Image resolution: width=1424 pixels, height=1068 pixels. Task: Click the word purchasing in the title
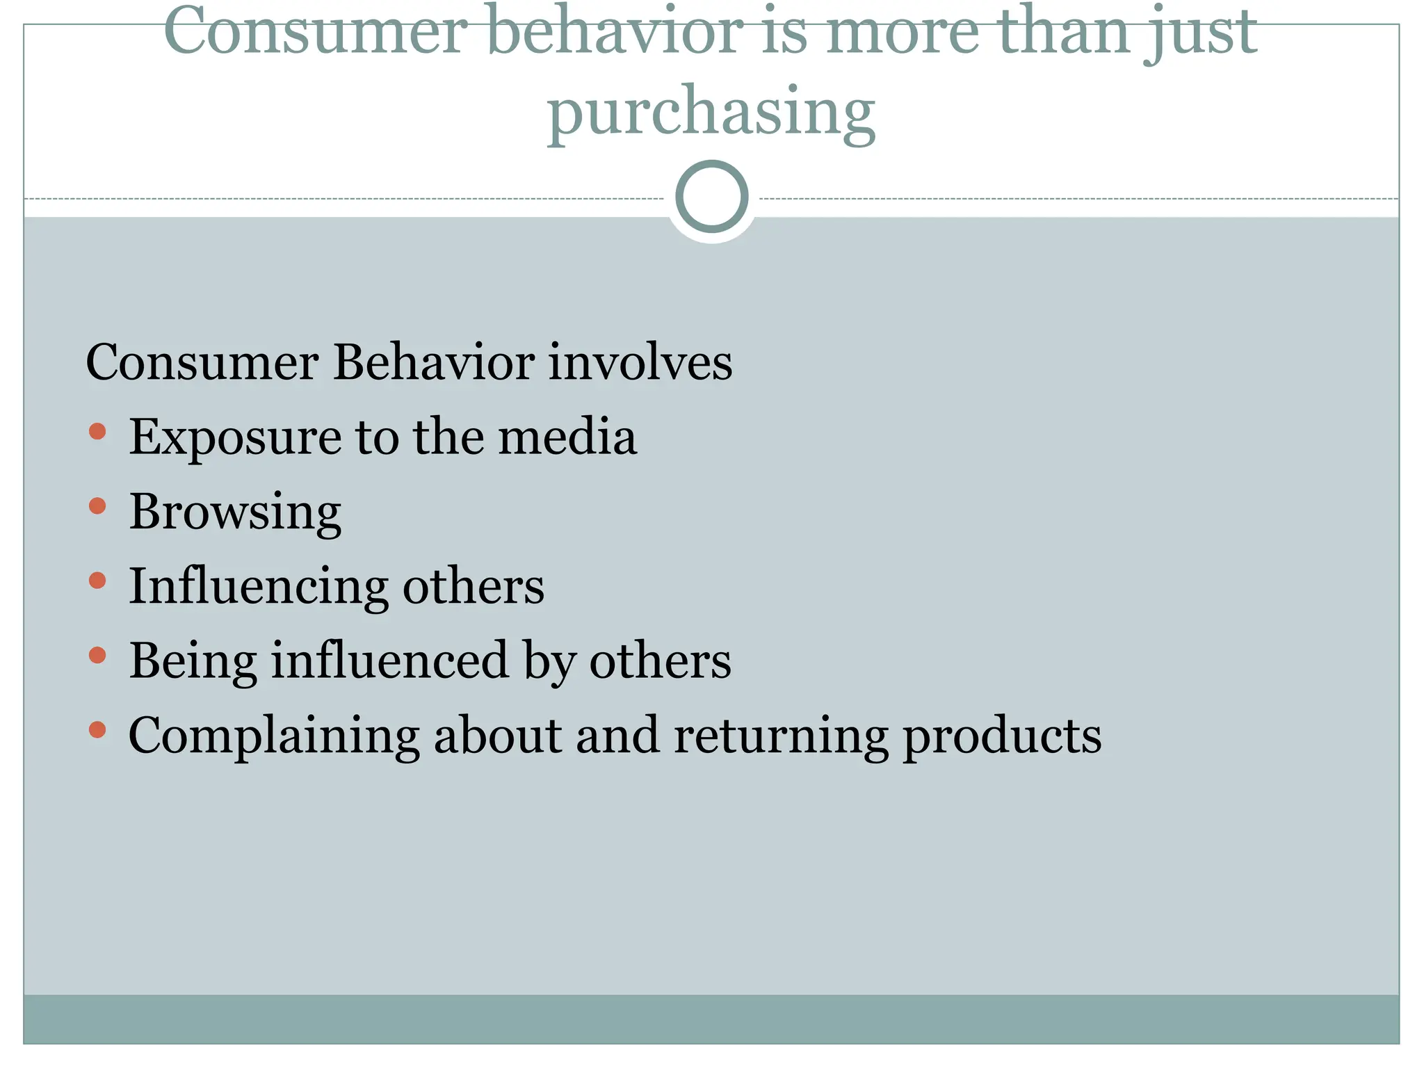711,111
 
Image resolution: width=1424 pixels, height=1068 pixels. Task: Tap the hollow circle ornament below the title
712,196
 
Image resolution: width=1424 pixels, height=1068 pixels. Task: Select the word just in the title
1201,32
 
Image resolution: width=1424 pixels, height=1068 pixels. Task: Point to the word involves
640,362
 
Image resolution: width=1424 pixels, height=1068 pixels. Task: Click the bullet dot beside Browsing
97,505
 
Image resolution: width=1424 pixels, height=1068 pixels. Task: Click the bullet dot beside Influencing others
97,580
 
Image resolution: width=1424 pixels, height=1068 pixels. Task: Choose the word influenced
389,661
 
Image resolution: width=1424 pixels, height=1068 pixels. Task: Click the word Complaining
274,736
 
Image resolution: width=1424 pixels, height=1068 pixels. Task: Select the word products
1002,736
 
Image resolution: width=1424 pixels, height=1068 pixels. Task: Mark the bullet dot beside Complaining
97,729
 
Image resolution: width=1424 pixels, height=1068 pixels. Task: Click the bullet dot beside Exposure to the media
97,431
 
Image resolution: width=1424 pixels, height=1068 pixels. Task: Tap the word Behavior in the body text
434,362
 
